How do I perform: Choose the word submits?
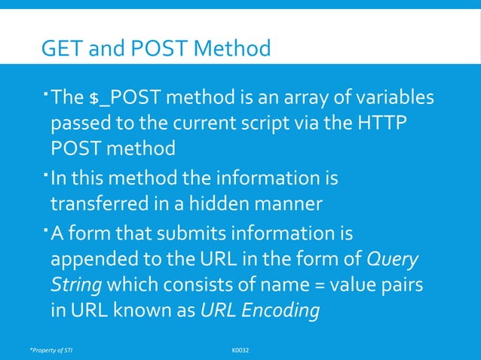193,233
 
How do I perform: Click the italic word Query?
392,259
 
